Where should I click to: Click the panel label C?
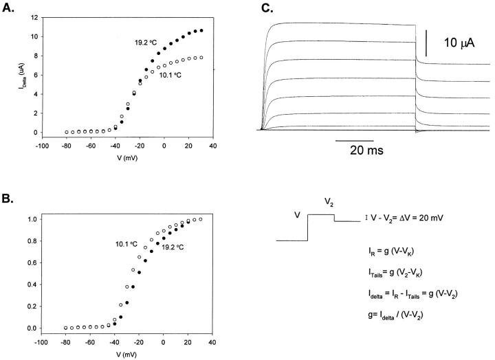(267, 8)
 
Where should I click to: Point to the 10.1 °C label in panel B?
(129, 243)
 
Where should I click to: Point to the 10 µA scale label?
(459, 43)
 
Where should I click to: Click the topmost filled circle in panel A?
(201, 31)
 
